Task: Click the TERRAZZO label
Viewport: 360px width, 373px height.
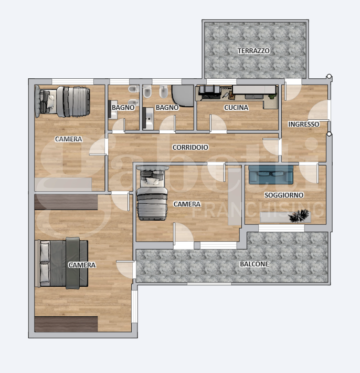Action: tap(253, 50)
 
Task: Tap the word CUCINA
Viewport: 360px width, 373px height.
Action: tap(236, 108)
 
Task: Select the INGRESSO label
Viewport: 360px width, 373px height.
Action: tap(304, 124)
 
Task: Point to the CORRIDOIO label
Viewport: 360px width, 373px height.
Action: tap(190, 148)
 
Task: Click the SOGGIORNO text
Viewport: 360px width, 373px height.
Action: tap(284, 195)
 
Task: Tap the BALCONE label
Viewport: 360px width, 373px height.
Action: tap(255, 264)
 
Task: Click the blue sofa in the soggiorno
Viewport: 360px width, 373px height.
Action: tap(271, 175)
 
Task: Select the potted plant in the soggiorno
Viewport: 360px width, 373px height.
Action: tap(299, 216)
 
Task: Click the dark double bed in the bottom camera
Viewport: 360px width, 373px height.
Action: tap(61, 263)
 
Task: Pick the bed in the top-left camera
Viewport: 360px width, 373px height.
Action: tap(62, 101)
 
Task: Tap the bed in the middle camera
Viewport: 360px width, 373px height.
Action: tap(152, 193)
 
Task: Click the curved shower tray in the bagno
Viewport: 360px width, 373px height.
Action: tap(183, 96)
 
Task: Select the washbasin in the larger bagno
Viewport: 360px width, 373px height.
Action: tap(148, 118)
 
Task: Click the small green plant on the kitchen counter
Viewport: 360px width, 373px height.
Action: tap(272, 96)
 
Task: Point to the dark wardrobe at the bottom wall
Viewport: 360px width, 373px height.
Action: tap(66, 324)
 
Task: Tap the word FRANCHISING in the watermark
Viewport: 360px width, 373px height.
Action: tap(258, 210)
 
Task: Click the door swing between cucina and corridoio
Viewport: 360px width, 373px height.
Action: tap(218, 123)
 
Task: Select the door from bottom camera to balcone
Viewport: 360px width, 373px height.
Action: tap(126, 270)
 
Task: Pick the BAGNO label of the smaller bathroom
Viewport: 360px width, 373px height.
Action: tap(123, 108)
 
